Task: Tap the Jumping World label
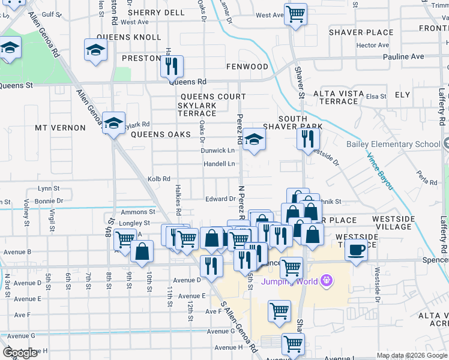pos(291,280)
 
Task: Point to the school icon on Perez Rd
pos(255,142)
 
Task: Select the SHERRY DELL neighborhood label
pos(156,12)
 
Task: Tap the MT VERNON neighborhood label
pos(57,128)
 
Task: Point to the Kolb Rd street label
pos(159,179)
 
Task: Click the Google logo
pos(20,353)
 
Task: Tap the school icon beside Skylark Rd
pos(113,123)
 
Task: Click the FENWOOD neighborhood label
pos(247,66)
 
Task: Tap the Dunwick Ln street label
pos(218,151)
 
